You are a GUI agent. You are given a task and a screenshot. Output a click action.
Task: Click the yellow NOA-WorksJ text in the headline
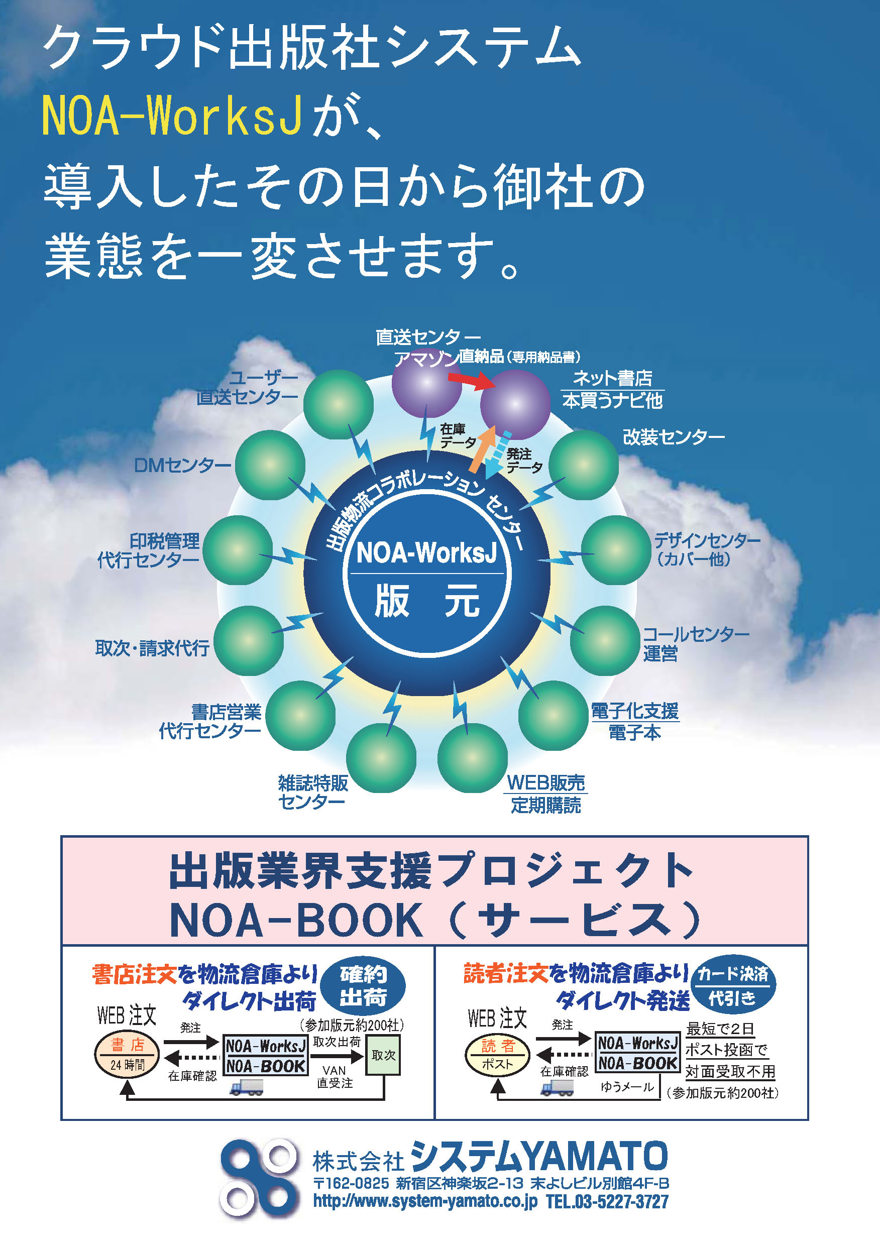tap(172, 116)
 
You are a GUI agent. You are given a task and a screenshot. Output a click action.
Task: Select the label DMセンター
tap(182, 465)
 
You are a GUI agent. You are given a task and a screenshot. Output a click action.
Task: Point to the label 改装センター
tap(673, 437)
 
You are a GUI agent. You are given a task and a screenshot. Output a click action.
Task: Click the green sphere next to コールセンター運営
tap(605, 641)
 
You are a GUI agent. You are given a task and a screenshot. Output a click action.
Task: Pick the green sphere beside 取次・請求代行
tap(249, 641)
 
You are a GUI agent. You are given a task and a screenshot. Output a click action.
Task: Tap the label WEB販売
tap(545, 782)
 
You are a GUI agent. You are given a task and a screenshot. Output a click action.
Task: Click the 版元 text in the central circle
tap(427, 601)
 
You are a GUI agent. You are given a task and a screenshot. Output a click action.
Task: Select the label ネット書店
tap(612, 378)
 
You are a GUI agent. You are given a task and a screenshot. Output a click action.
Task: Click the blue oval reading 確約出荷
tap(363, 986)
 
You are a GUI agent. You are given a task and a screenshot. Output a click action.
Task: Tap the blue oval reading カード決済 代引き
tap(733, 985)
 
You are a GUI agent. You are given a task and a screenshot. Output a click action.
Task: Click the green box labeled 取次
tap(383, 1055)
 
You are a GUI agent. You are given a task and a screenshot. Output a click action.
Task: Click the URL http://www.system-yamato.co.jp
tap(425, 1201)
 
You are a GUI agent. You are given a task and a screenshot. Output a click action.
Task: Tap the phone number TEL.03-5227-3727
tap(607, 1201)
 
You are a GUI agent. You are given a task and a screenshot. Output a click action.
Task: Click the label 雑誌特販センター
tap(313, 792)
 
